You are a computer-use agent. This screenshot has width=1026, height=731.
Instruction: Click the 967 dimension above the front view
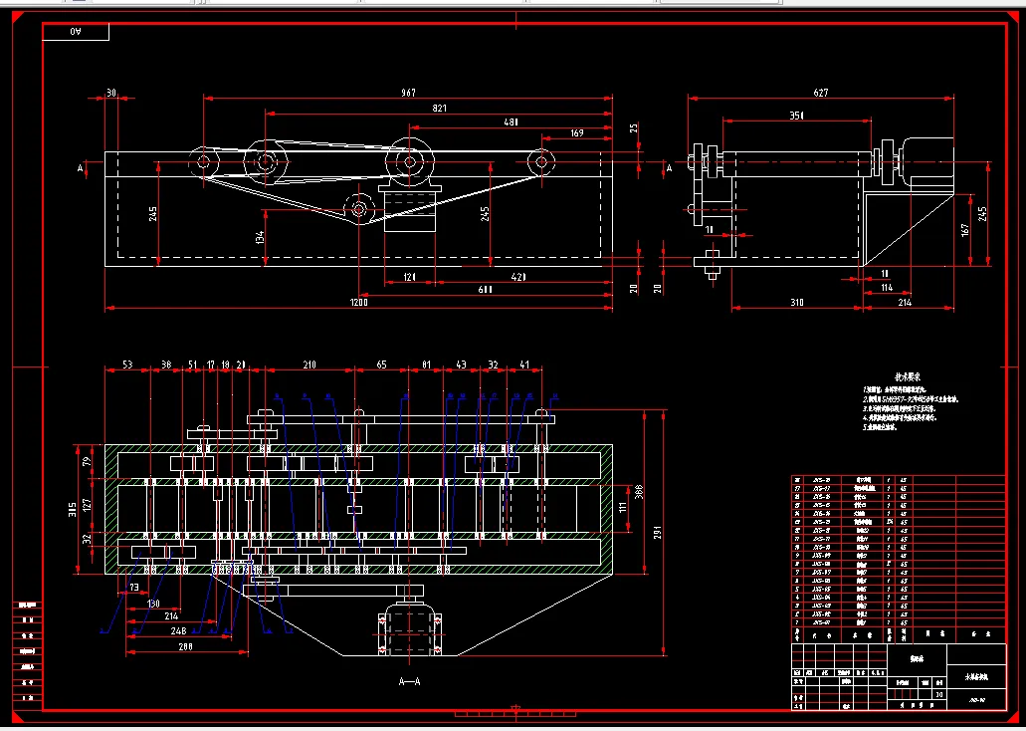408,93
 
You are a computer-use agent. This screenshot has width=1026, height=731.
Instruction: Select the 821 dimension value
439,108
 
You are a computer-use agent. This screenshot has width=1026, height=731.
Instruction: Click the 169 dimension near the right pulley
577,132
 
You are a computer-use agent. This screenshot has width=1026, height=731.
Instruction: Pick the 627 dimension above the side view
821,93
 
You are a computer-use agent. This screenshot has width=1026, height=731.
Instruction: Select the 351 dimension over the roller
796,116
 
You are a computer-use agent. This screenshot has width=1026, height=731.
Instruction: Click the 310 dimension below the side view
796,302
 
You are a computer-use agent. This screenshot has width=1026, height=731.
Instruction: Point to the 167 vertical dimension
963,231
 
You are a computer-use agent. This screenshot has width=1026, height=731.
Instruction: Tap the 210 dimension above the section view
309,365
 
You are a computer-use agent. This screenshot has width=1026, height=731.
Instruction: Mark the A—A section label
409,682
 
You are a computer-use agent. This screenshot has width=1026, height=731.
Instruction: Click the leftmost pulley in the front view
203,160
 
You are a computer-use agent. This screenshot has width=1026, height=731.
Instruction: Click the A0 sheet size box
77,33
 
